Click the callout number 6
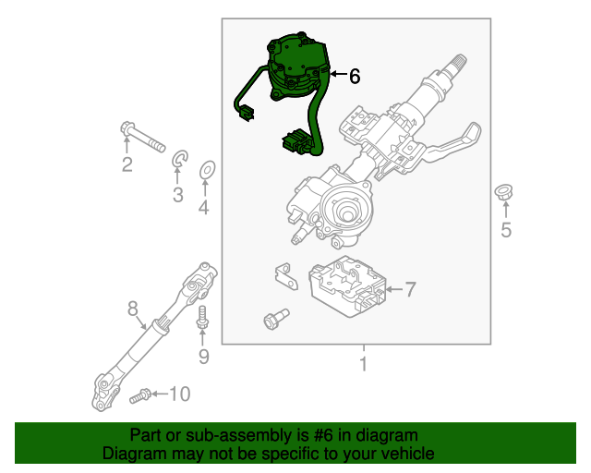pos(354,77)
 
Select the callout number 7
pos(410,290)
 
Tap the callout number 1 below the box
pos(363,364)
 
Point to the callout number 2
pos(127,165)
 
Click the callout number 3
pos(177,194)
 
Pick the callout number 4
pos(203,208)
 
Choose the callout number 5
pos(505,230)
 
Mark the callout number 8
pos(132,307)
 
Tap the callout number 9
pos(203,356)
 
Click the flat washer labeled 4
pos(207,169)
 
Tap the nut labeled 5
pos(504,193)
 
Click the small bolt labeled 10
pos(140,395)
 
